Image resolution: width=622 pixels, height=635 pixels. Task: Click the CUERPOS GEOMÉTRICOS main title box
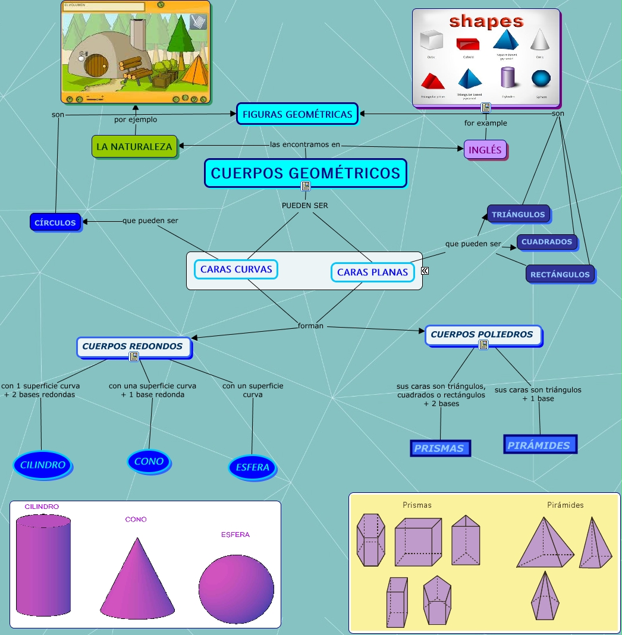pyautogui.click(x=306, y=173)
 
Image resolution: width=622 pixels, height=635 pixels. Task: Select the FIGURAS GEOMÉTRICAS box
pyautogui.click(x=297, y=114)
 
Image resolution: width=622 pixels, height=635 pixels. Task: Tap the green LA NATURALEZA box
pyautogui.click(x=134, y=146)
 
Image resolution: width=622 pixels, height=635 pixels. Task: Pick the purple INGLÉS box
pyautogui.click(x=485, y=150)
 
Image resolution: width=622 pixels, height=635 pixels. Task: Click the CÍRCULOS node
pyautogui.click(x=55, y=222)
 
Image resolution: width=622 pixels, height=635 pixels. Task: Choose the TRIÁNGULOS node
pyautogui.click(x=519, y=214)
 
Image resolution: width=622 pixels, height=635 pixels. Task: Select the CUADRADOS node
pyautogui.click(x=547, y=242)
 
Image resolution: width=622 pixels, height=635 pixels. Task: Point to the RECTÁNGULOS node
pyautogui.click(x=560, y=274)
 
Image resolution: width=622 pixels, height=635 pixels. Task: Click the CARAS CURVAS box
pyautogui.click(x=236, y=269)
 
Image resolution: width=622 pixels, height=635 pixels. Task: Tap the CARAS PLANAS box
pyautogui.click(x=372, y=272)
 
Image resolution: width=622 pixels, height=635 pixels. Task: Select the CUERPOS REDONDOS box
pyautogui.click(x=133, y=346)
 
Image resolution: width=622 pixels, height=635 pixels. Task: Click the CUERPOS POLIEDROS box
pyautogui.click(x=482, y=334)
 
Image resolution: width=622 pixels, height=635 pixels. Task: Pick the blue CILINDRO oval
pyautogui.click(x=42, y=465)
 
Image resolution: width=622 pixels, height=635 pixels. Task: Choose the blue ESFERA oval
pyautogui.click(x=252, y=467)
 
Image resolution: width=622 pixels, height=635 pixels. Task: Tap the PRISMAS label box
pyautogui.click(x=439, y=448)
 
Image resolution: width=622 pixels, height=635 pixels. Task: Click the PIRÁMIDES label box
pyautogui.click(x=539, y=445)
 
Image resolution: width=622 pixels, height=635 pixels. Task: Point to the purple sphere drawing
pyautogui.click(x=236, y=589)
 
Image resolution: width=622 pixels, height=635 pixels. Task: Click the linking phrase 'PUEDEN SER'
pyautogui.click(x=304, y=206)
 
